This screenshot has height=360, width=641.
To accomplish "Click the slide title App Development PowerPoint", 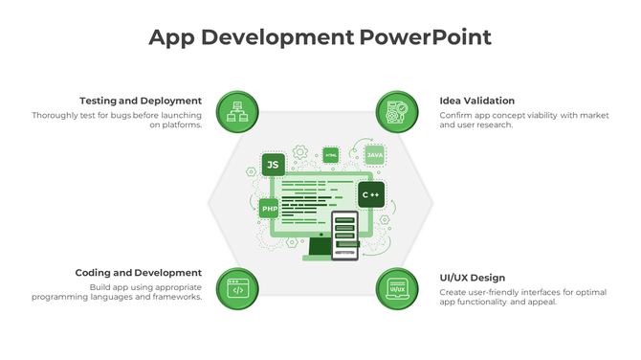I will [x=320, y=37].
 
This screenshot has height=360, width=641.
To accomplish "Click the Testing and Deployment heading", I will [x=141, y=101].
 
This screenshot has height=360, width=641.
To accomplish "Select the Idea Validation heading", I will [x=477, y=101].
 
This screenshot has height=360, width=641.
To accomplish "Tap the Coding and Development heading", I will [x=139, y=273].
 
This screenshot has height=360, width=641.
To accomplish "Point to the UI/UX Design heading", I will [x=473, y=278].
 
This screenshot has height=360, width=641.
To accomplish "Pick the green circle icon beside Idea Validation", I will [x=397, y=112].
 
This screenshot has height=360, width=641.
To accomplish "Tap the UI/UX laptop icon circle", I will [x=397, y=288].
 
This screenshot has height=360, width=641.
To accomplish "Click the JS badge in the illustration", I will [x=273, y=165].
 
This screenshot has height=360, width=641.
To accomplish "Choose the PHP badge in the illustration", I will [x=270, y=208].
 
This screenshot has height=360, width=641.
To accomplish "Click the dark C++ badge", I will [x=371, y=194].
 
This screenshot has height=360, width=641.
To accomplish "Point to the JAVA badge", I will [x=375, y=155].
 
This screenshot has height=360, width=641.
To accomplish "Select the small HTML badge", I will [x=331, y=154].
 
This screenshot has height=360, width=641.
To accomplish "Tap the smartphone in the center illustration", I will [x=345, y=235].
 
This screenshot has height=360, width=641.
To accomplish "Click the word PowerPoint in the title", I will [x=426, y=37].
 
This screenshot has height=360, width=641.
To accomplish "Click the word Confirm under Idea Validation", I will [x=457, y=116].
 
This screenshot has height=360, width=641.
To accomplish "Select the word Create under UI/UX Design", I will [x=453, y=292].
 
